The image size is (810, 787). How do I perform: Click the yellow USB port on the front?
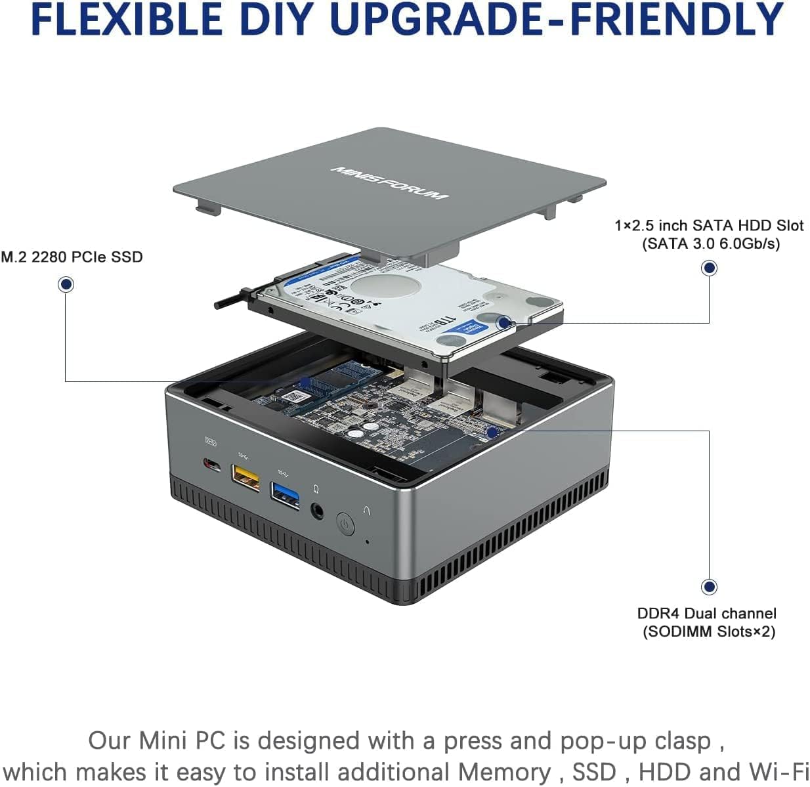[x=245, y=478]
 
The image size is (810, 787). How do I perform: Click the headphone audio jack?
[x=318, y=509]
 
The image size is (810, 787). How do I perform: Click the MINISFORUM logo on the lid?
[x=389, y=182]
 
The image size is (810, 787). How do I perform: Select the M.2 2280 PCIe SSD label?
[x=72, y=257]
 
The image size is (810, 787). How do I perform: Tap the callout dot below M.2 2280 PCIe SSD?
[x=66, y=284]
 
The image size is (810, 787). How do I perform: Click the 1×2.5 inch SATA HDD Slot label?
[x=709, y=225]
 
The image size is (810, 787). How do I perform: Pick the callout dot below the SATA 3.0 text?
[x=709, y=268]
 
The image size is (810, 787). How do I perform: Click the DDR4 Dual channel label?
[x=706, y=613]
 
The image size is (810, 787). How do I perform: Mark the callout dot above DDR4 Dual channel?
[x=709, y=586]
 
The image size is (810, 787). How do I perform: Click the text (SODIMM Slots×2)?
[x=709, y=631]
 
